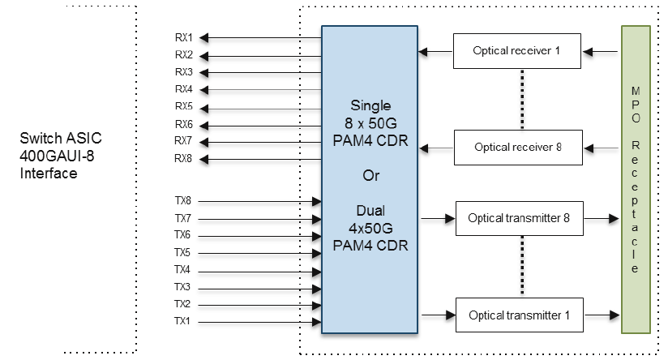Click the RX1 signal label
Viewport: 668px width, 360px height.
[183, 37]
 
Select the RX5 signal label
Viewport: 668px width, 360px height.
[183, 107]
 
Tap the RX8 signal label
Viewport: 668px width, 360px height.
[183, 159]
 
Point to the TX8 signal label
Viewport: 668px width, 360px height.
[183, 200]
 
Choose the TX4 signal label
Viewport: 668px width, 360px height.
[183, 269]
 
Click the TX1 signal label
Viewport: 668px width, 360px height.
[183, 322]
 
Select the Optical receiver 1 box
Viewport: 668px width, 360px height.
[518, 51]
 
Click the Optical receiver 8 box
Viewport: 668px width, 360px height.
[518, 148]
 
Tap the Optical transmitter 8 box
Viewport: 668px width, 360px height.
[520, 218]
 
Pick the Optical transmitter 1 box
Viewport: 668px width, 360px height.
[520, 315]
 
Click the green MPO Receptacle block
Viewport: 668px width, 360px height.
[636, 179]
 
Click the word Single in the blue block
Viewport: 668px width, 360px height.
[370, 106]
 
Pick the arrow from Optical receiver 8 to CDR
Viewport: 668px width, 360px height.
[435, 148]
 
